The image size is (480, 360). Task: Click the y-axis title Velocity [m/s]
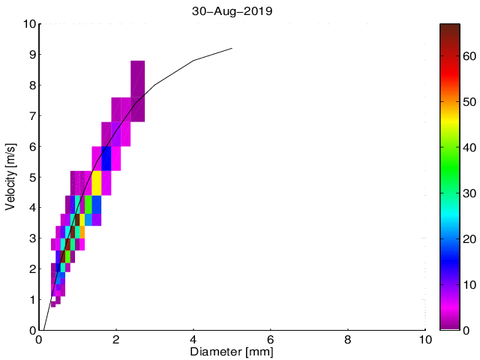tap(10, 177)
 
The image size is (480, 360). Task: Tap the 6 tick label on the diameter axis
tap(271, 340)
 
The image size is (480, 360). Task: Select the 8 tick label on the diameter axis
tap(348, 340)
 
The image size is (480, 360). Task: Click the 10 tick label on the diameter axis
tap(424, 340)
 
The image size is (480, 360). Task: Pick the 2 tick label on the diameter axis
tap(116, 340)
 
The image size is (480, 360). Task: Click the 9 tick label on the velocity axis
tap(29, 55)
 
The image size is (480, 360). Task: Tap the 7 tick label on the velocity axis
tap(29, 116)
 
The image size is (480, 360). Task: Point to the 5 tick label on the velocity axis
tap(29, 177)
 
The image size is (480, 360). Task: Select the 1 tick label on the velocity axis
tap(29, 299)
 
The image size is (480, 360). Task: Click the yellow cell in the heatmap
tap(97, 183)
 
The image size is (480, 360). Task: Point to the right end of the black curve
tap(232, 49)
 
